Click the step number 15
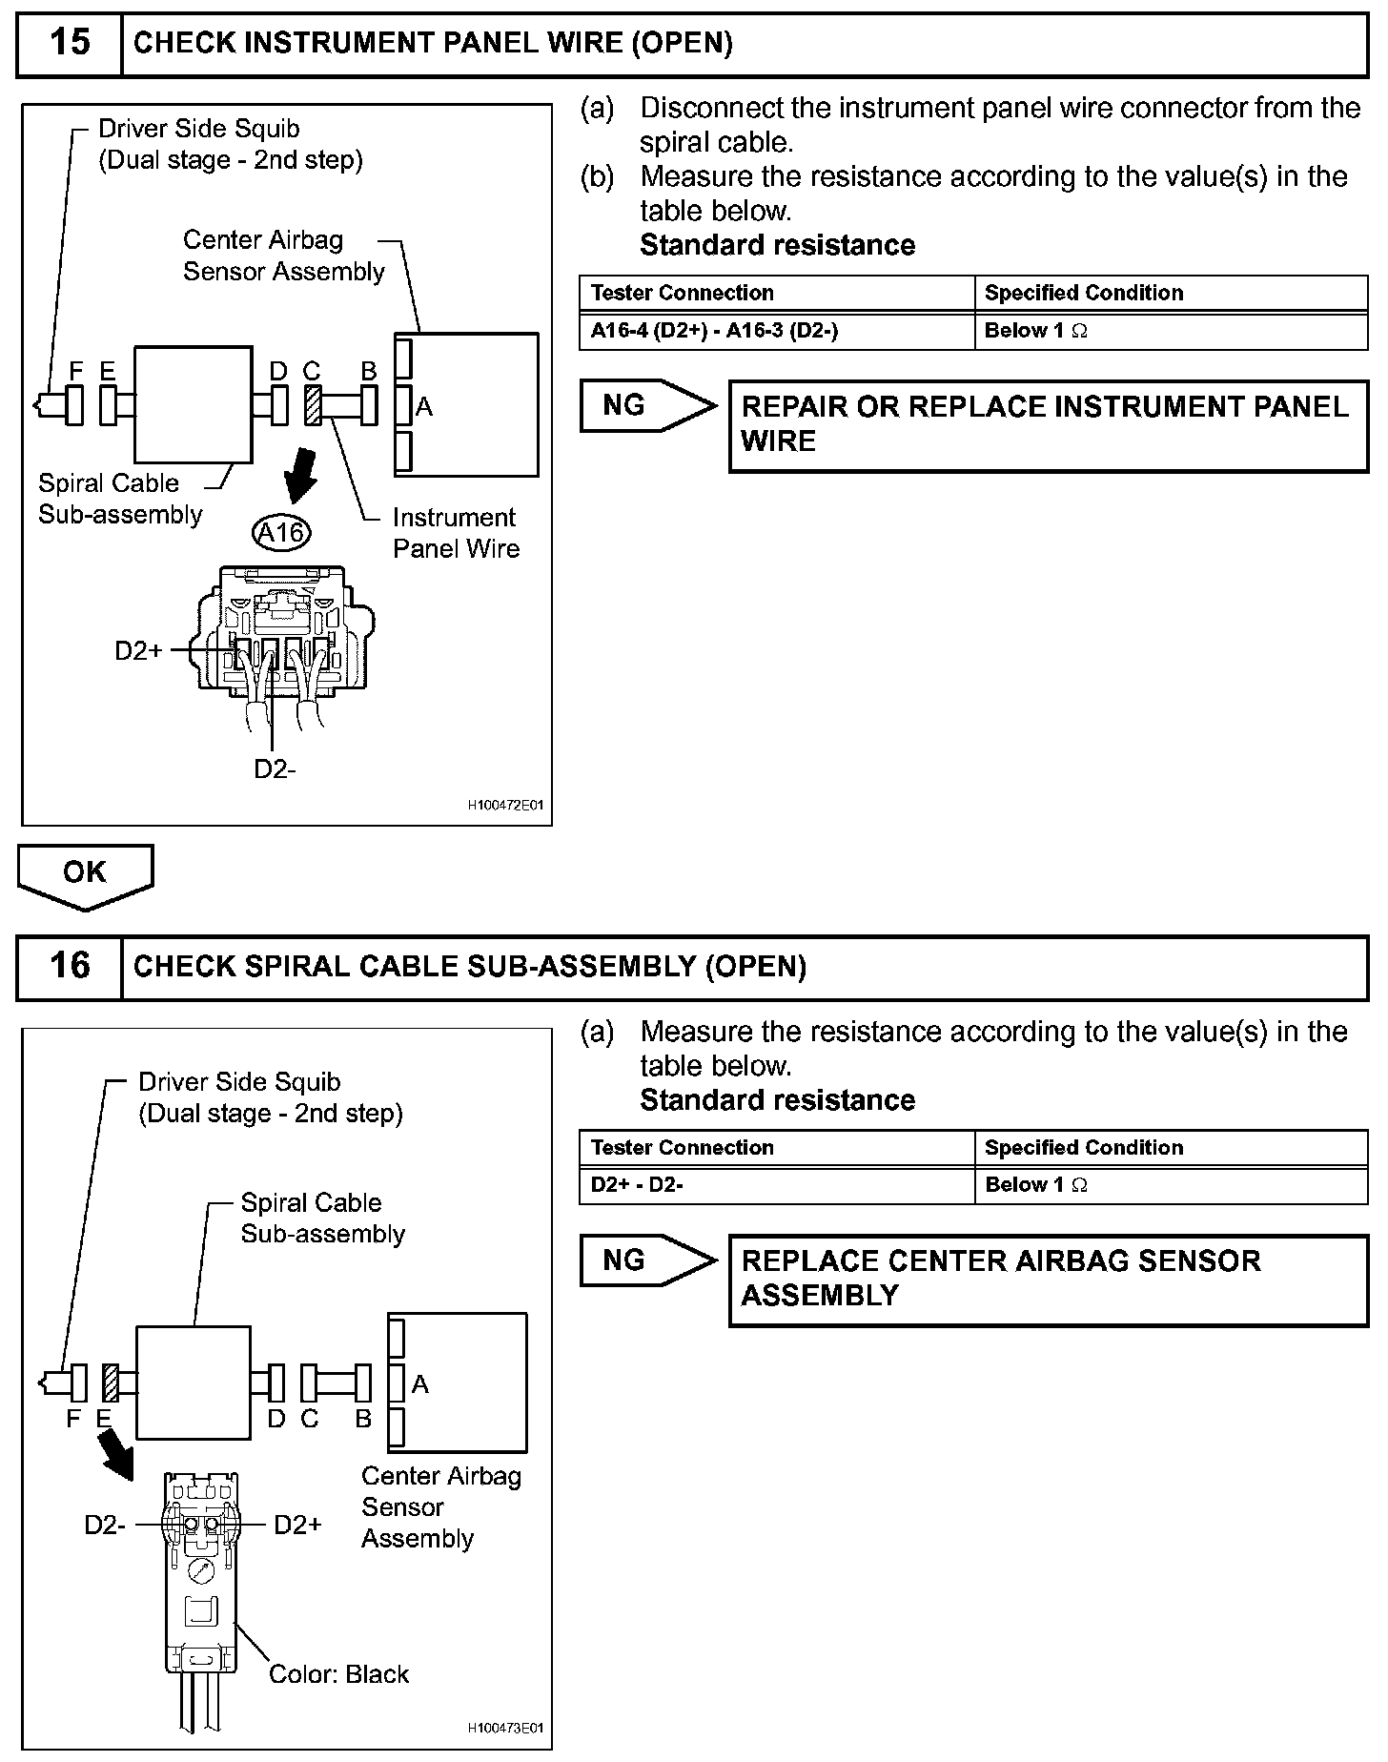point(70,43)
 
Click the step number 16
point(70,965)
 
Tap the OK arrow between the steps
point(85,876)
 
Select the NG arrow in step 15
point(648,406)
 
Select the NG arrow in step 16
point(648,1260)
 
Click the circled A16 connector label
point(282,532)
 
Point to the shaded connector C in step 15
point(312,405)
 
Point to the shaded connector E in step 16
point(111,1383)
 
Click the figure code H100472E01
point(505,806)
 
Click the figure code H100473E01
point(505,1728)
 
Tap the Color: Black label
point(338,1674)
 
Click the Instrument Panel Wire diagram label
point(456,533)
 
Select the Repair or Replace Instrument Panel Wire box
point(1049,425)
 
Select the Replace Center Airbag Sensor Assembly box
point(1049,1280)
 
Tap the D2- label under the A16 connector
point(275,768)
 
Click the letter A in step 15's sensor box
point(424,407)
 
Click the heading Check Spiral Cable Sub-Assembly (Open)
point(470,967)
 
